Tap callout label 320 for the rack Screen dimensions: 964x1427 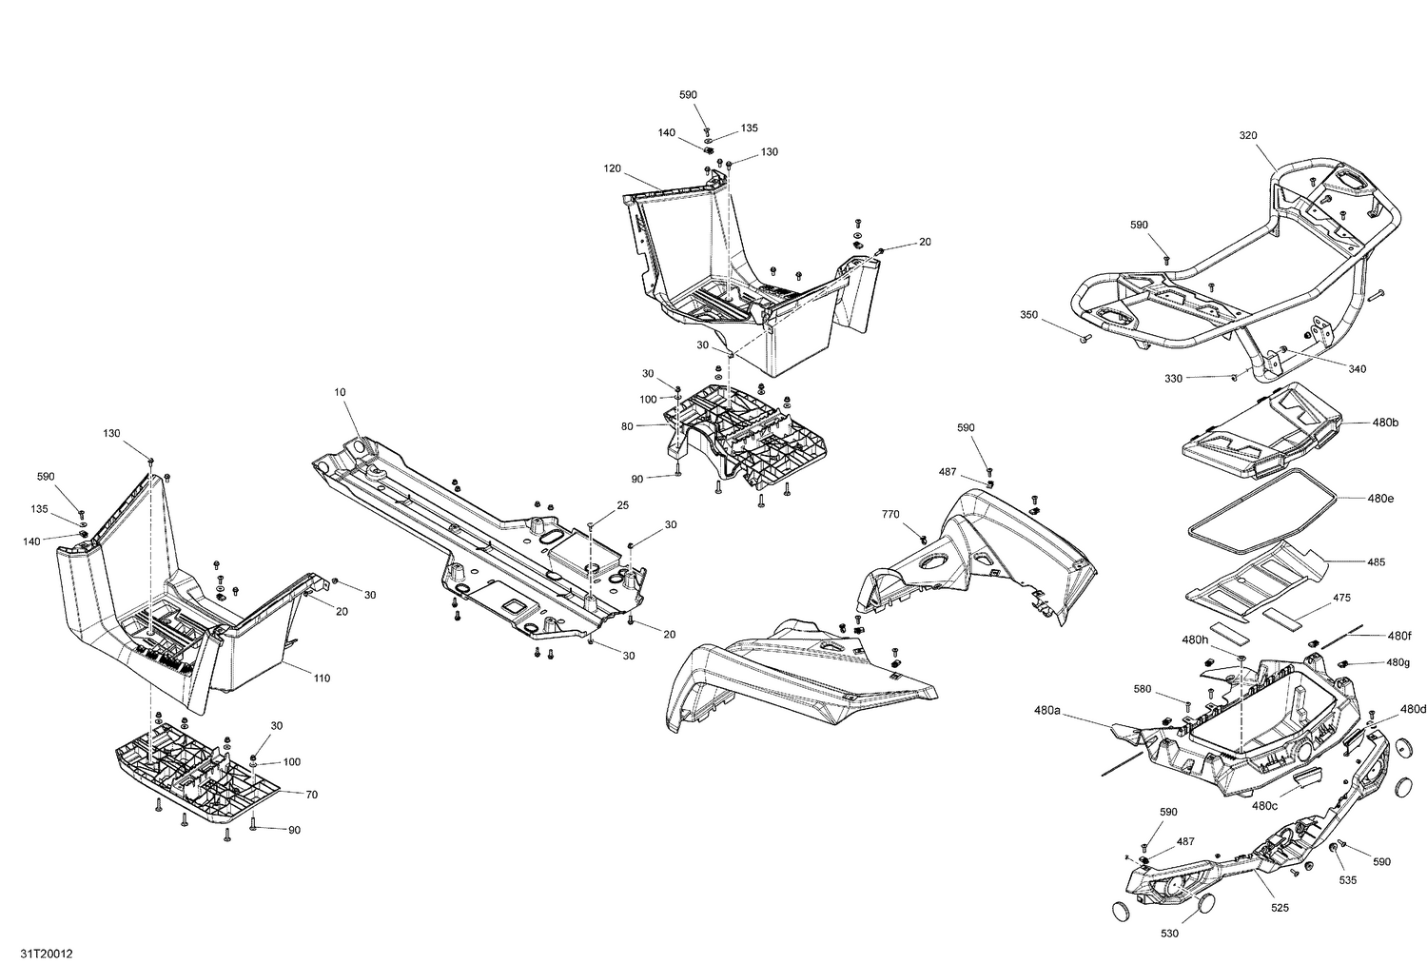click(x=1248, y=136)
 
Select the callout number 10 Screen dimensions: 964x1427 click(x=341, y=392)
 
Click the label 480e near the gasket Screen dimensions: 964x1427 click(x=1381, y=498)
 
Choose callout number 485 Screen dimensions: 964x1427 click(x=1376, y=562)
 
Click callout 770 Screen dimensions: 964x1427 click(x=889, y=514)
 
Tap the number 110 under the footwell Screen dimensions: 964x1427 click(x=322, y=679)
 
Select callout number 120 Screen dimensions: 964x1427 click(x=612, y=168)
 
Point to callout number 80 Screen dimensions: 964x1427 click(x=627, y=426)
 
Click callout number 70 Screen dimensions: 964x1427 click(x=311, y=793)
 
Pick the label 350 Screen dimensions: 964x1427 click(x=1029, y=315)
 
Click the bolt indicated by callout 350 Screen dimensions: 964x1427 click(x=1085, y=337)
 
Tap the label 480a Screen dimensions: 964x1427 click(x=1046, y=710)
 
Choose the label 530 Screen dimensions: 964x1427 click(x=1169, y=934)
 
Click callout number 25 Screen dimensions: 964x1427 click(x=622, y=505)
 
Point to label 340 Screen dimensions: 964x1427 click(x=1357, y=368)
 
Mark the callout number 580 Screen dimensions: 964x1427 click(x=1143, y=688)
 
